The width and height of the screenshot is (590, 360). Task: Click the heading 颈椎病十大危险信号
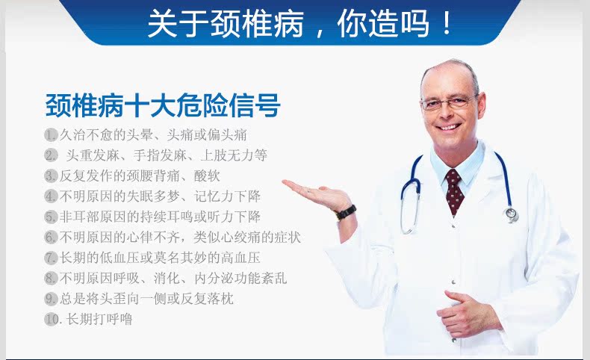point(163,105)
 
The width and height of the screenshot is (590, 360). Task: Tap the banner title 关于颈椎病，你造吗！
point(300,23)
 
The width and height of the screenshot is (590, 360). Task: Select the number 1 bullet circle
point(51,134)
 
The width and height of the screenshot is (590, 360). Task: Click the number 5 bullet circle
point(51,217)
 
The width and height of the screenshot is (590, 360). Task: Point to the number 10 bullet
point(52,320)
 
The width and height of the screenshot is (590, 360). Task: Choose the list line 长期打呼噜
point(99,320)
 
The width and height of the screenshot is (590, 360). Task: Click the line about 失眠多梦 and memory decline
point(160,196)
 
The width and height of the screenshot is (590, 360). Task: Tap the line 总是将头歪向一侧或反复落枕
point(146,299)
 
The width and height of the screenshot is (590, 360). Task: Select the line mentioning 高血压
point(160,258)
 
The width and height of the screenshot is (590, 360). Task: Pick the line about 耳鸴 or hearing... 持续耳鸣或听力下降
point(160,217)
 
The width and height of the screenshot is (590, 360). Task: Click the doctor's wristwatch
point(346,213)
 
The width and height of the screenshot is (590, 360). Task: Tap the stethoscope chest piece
point(512,214)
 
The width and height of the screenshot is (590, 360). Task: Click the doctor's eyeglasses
point(449,102)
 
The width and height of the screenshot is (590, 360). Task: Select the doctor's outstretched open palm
point(317,193)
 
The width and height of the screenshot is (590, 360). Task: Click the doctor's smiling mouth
point(449,127)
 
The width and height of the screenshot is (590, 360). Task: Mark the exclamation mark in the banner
point(447,23)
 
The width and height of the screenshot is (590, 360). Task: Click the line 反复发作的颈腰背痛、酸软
point(140,176)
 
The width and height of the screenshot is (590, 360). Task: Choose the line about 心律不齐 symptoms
point(180,237)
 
